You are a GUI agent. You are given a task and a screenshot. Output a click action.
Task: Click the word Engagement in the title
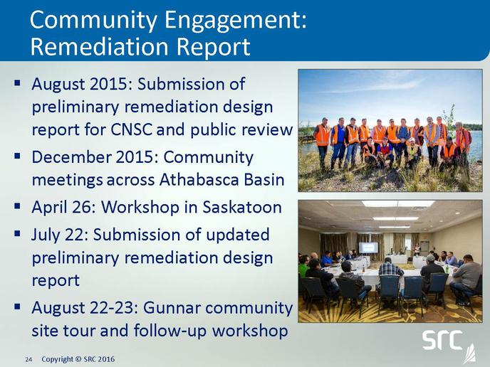[x=235, y=21]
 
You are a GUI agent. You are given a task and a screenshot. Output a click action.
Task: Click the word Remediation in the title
[x=100, y=47]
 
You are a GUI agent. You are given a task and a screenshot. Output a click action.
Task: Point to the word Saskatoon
[x=242, y=207]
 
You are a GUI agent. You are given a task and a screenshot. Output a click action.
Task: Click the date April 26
[x=63, y=208]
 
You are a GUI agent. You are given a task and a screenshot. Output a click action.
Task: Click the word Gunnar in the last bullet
[x=172, y=308]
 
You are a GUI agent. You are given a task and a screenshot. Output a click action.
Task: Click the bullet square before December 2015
[x=17, y=155]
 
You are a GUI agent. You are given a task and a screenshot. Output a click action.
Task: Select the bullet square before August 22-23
[x=17, y=306]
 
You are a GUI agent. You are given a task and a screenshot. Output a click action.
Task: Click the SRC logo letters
[x=442, y=340]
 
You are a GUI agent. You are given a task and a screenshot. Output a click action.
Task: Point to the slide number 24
[x=28, y=359]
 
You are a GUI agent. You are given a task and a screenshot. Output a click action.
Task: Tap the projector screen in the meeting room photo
[x=368, y=248]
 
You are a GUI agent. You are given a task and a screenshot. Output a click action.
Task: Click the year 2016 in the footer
[x=107, y=359]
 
